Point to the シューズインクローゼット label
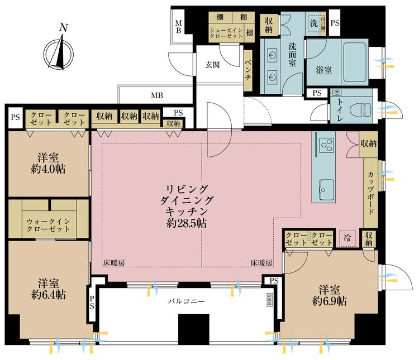[x=226, y=32]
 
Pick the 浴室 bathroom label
[x=323, y=70]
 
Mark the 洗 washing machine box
[x=314, y=23]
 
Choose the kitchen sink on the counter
[x=327, y=186]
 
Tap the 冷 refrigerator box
[x=346, y=237]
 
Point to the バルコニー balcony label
[x=187, y=301]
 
